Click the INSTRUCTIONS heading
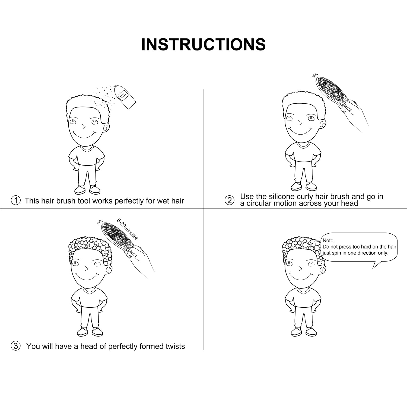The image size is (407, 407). point(203,44)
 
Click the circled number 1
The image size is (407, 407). point(16,201)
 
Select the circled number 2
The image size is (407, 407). point(229,200)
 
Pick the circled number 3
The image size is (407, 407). point(16,346)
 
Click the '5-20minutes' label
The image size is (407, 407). point(128,229)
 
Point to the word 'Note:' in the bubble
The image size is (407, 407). point(329,240)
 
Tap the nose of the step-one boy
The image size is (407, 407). point(84,126)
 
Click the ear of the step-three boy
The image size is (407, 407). point(108,269)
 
